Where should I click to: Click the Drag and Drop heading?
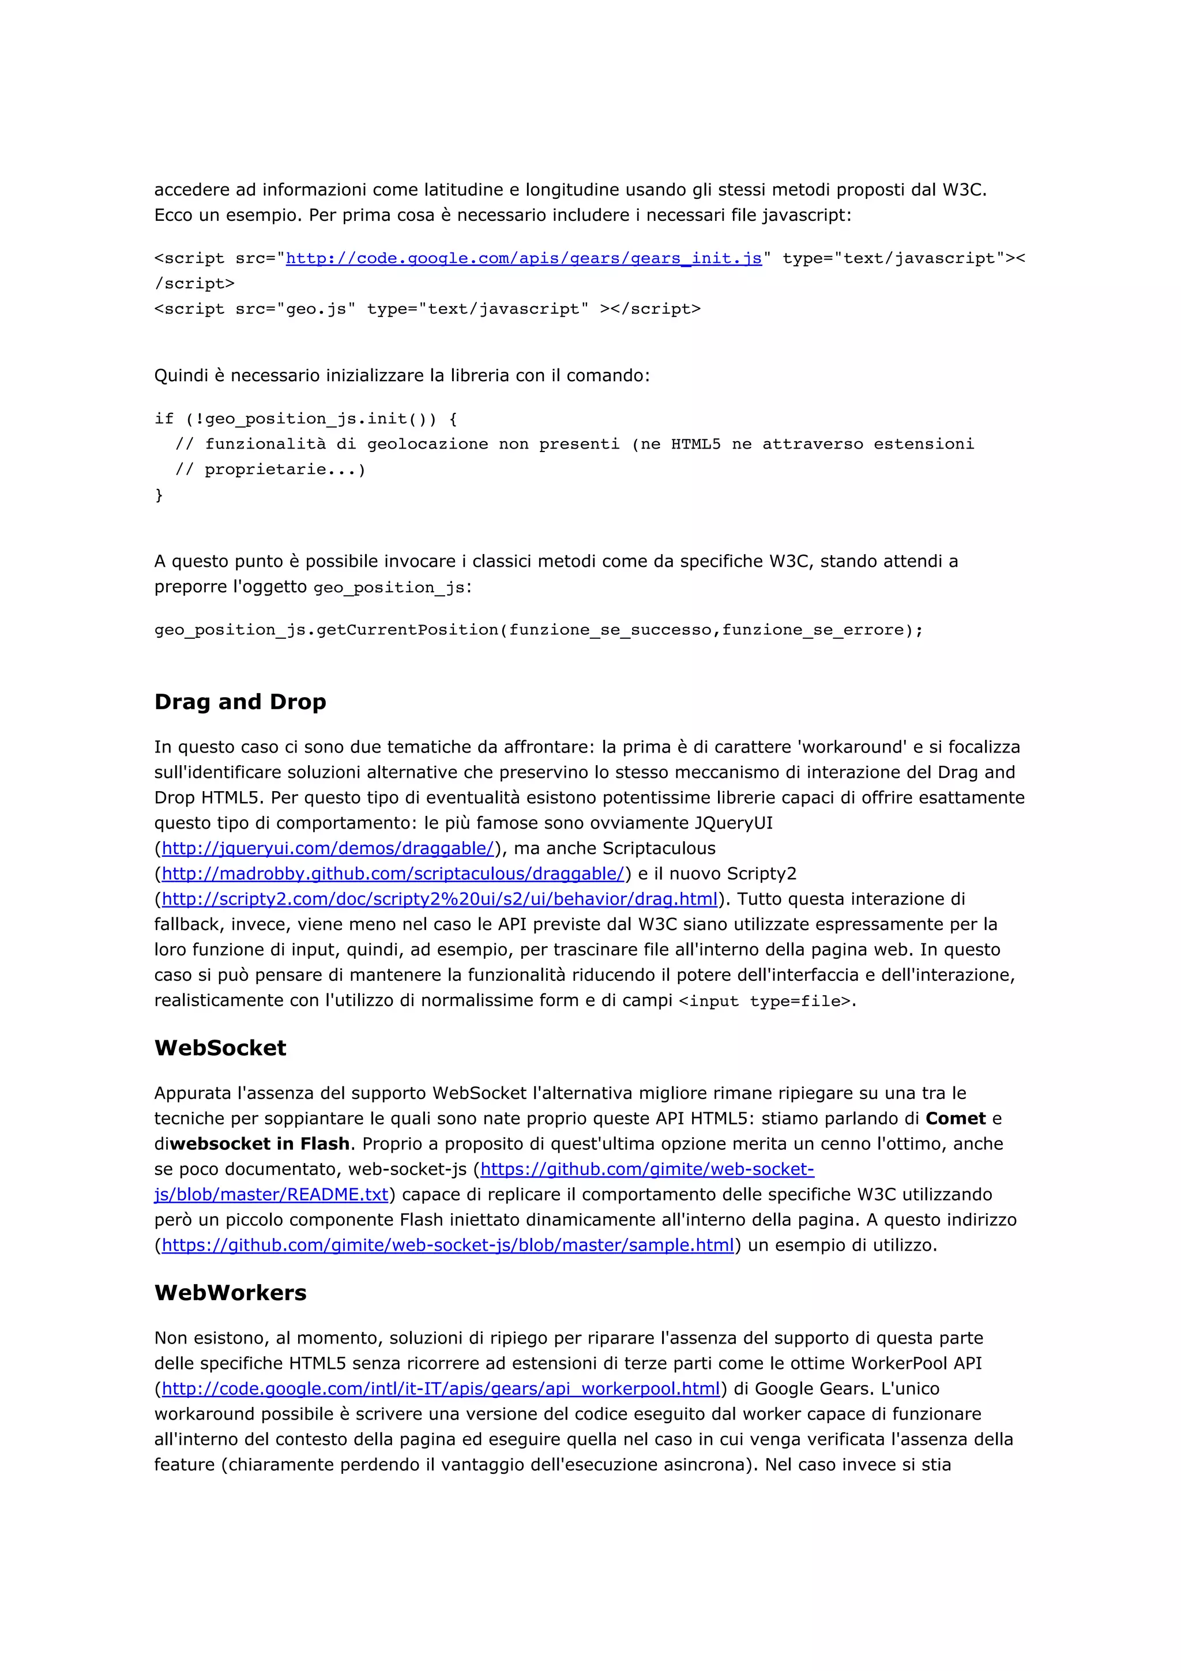point(240,702)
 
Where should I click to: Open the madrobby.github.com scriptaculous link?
point(392,874)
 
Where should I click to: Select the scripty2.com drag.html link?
point(439,899)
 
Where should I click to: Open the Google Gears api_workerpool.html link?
point(440,1388)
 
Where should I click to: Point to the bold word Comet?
point(955,1118)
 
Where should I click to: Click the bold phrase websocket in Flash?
point(259,1143)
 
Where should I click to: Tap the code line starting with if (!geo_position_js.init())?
point(306,419)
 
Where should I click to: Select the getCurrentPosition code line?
point(539,630)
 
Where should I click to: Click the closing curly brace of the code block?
point(159,495)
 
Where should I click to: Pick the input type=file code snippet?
point(764,1001)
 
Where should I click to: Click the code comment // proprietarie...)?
point(270,469)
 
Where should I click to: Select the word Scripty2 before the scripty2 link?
point(761,874)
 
